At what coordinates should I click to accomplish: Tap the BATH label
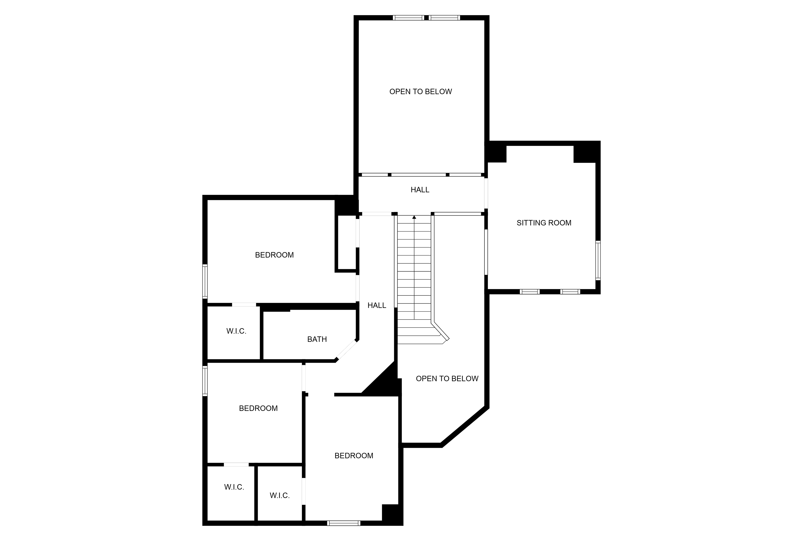pyautogui.click(x=317, y=339)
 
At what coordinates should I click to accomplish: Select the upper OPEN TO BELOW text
pyautogui.click(x=421, y=92)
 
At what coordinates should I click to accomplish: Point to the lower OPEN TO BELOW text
pyautogui.click(x=447, y=379)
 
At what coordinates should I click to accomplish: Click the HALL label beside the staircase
pyautogui.click(x=377, y=305)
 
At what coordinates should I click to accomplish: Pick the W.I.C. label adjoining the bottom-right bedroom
pyautogui.click(x=279, y=496)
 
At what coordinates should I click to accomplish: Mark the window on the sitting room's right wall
pyautogui.click(x=598, y=261)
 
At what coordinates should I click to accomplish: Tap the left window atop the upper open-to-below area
pyautogui.click(x=408, y=18)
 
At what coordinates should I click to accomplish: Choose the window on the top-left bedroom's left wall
pyautogui.click(x=205, y=281)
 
